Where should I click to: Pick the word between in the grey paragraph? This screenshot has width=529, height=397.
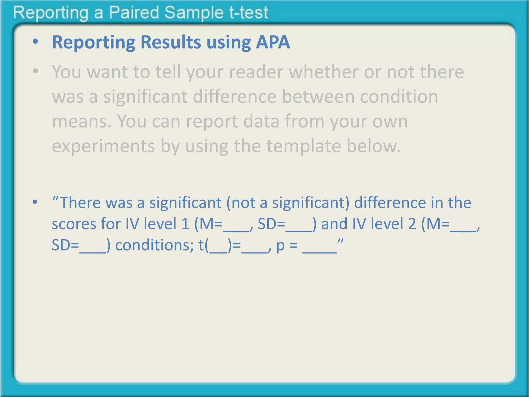318,96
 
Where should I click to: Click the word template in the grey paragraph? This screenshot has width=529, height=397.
304,146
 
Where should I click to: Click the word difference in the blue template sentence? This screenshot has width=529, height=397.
390,203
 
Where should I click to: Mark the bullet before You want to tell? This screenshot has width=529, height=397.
35,71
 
